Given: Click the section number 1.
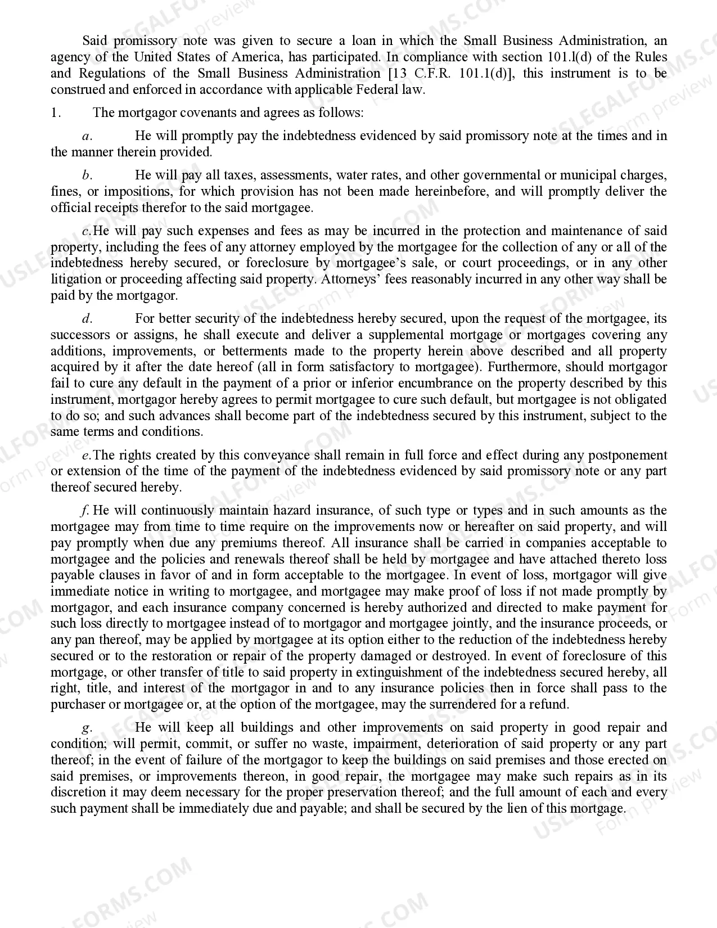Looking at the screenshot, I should [x=56, y=112].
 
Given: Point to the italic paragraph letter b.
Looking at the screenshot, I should [x=87, y=175].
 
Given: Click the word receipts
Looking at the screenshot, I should [x=109, y=208].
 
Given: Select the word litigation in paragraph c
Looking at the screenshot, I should [x=73, y=279].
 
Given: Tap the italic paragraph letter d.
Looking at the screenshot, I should [x=87, y=319].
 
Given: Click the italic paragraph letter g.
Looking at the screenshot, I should [x=87, y=728].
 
